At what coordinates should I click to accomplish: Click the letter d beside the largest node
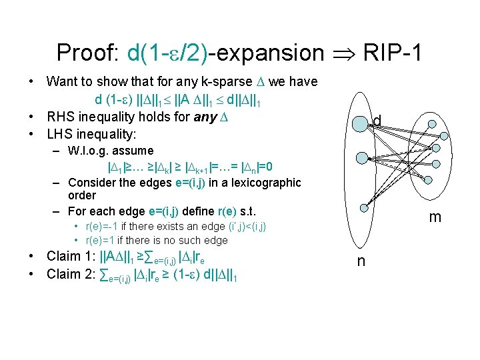click(x=377, y=121)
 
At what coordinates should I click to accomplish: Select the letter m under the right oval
click(x=434, y=218)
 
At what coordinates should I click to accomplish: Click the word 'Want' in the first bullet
click(x=62, y=82)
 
